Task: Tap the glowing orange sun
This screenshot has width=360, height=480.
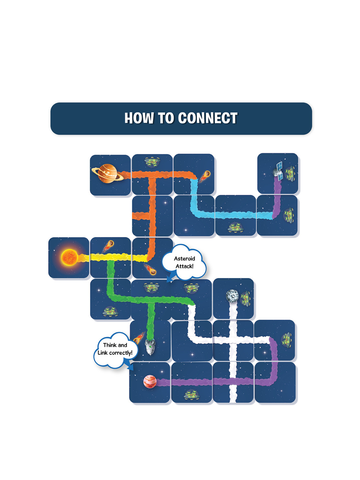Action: click(x=69, y=257)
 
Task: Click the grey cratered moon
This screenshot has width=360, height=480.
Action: click(x=232, y=295)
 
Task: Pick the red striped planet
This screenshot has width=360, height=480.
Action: click(x=150, y=381)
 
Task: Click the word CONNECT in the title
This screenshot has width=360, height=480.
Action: click(x=207, y=118)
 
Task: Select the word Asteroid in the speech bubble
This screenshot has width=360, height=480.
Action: click(x=184, y=259)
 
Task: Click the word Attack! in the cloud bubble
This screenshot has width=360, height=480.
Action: click(x=184, y=266)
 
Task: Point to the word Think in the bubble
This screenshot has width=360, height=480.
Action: click(x=110, y=345)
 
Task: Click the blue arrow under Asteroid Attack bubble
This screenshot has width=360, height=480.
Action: click(x=171, y=277)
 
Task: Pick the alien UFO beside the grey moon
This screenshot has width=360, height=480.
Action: click(x=246, y=297)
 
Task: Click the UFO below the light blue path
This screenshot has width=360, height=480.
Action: click(x=235, y=228)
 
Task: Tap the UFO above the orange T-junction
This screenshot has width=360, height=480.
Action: click(x=152, y=162)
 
